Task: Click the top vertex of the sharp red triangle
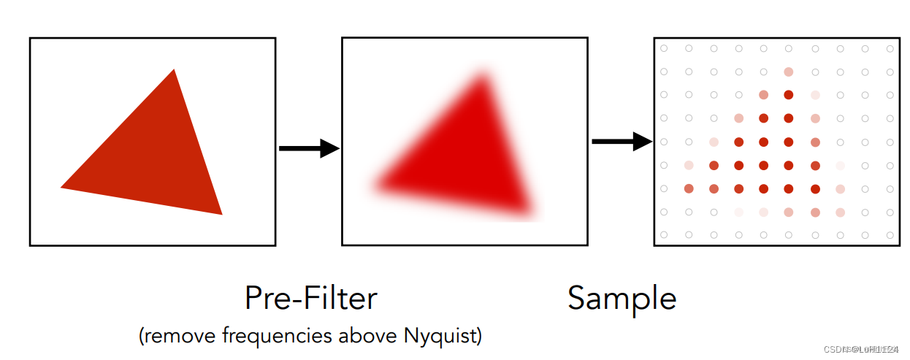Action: (174, 70)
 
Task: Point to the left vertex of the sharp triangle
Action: (61, 188)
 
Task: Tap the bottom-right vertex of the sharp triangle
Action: (221, 213)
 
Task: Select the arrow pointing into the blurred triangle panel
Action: (309, 149)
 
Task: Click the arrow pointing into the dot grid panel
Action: (621, 142)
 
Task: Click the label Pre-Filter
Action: (310, 298)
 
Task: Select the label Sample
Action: (622, 299)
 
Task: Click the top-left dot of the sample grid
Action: (664, 49)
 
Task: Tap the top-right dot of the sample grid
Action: (890, 49)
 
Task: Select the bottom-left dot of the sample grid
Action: (664, 234)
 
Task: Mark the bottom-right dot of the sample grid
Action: (890, 234)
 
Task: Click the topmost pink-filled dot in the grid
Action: (788, 72)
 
